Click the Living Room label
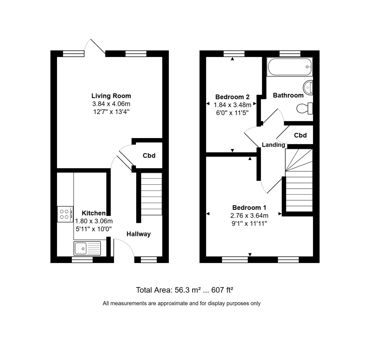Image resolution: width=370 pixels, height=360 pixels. pyautogui.click(x=111, y=96)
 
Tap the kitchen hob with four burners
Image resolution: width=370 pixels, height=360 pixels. pyautogui.click(x=65, y=214)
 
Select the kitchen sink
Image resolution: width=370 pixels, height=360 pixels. pyautogui.click(x=87, y=247)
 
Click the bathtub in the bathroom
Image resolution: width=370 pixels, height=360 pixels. pyautogui.click(x=290, y=67)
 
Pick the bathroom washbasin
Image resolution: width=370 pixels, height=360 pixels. pyautogui.click(x=308, y=87)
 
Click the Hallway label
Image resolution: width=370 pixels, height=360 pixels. pyautogui.click(x=138, y=234)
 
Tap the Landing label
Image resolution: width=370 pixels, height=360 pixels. pyautogui.click(x=273, y=145)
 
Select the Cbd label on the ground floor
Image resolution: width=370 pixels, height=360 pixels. pyautogui.click(x=149, y=156)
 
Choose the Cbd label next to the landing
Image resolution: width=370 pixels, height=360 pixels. pyautogui.click(x=300, y=135)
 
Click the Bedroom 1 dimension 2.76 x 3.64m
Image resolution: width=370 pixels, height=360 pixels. pyautogui.click(x=249, y=215)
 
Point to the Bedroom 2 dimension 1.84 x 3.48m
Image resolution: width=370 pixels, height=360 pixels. pyautogui.click(x=232, y=105)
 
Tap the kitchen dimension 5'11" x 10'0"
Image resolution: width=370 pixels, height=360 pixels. pyautogui.click(x=93, y=229)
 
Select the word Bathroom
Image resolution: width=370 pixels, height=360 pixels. pyautogui.click(x=288, y=95)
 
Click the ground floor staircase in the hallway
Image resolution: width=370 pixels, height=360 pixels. pyautogui.click(x=151, y=194)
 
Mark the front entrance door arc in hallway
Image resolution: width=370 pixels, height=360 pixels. pyautogui.click(x=125, y=247)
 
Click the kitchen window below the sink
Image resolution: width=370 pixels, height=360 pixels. pyautogui.click(x=82, y=260)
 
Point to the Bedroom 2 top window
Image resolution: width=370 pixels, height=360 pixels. pyautogui.click(x=234, y=54)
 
